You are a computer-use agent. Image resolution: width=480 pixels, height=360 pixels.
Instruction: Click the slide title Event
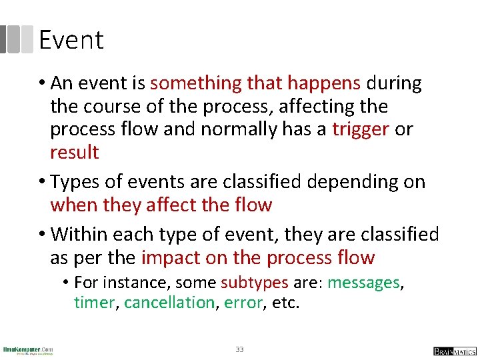coord(71,40)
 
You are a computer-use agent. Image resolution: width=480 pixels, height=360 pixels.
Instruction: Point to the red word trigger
coord(360,129)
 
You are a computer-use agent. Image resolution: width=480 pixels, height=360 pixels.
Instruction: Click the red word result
coord(74,153)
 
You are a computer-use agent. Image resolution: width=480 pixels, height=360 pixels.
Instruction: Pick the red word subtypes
coord(255,283)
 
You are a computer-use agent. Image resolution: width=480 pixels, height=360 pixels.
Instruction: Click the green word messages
coord(363,283)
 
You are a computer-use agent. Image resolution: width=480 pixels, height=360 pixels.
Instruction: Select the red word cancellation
coord(169,303)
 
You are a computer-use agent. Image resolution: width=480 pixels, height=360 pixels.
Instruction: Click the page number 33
coord(240,349)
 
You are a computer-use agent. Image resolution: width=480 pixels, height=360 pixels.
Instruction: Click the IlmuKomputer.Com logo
coord(28,350)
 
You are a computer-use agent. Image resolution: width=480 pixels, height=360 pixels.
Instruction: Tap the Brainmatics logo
coord(455,351)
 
